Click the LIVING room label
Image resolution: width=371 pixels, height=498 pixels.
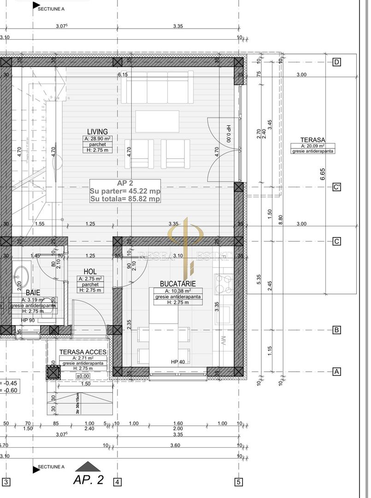tap(97, 132)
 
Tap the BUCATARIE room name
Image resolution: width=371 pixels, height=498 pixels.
tap(178, 284)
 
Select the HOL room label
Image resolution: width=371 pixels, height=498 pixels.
tap(90, 272)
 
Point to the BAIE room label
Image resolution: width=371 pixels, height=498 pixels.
tap(33, 292)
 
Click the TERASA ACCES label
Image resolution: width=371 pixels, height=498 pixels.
tap(83, 352)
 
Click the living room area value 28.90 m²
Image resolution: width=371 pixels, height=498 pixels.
tap(97, 138)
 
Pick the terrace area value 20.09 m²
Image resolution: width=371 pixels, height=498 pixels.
tap(313, 146)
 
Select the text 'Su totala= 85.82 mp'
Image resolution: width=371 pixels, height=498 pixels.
tap(125, 199)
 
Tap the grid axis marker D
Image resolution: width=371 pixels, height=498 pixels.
tap(337, 62)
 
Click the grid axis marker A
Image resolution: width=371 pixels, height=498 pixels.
tap(337, 372)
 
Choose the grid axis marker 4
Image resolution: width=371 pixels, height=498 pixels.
tap(118, 482)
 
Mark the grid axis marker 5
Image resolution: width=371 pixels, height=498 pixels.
tap(238, 482)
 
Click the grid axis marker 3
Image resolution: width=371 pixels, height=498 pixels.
tap(6, 482)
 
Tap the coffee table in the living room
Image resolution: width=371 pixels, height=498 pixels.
tap(157, 121)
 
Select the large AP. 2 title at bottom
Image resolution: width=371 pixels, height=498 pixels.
tap(88, 480)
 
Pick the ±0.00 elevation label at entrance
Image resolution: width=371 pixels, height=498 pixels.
tap(83, 376)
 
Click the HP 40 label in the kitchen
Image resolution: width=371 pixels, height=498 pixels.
tap(177, 362)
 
